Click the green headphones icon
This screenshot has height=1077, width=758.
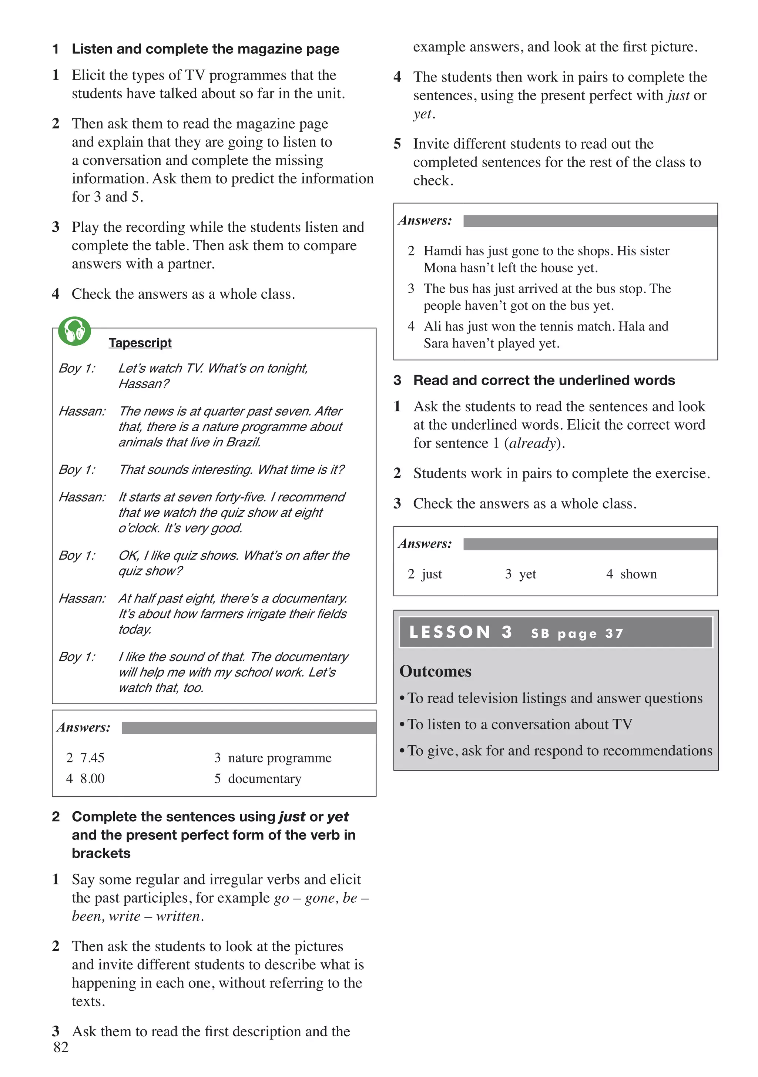74,332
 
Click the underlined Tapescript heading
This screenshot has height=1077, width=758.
140,343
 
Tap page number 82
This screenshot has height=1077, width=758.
61,1047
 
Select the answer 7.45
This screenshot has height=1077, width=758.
92,758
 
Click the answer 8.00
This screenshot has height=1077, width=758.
92,779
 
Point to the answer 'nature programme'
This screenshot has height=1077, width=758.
279,758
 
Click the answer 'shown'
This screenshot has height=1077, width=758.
638,574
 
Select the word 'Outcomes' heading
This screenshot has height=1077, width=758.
435,671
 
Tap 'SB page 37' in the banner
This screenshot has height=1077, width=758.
577,634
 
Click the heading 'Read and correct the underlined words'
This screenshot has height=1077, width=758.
544,380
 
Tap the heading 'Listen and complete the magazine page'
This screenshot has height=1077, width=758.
205,49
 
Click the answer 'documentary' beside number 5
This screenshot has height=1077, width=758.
265,779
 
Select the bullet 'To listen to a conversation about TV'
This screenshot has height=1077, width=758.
519,724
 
